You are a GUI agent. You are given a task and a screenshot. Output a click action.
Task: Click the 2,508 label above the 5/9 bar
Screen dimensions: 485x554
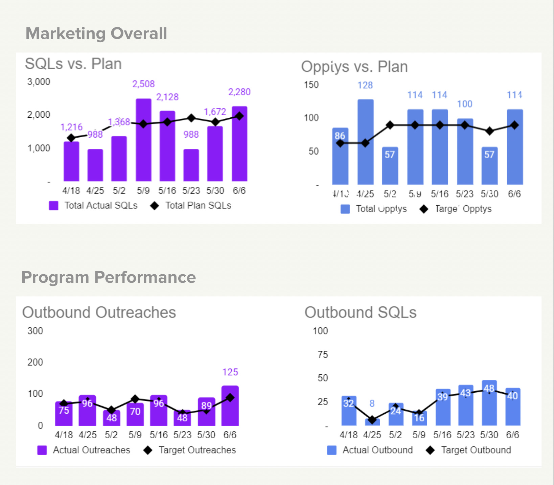click(143, 84)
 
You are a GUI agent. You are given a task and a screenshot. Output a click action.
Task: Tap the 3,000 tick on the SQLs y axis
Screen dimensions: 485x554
click(39, 82)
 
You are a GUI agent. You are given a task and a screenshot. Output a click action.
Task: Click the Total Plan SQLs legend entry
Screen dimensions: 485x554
click(191, 206)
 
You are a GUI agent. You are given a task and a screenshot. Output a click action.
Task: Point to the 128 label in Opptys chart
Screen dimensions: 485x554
click(365, 85)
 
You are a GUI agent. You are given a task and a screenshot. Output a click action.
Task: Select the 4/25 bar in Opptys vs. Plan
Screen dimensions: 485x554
click(365, 142)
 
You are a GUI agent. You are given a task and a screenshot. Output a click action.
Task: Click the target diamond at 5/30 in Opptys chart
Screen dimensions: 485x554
click(489, 131)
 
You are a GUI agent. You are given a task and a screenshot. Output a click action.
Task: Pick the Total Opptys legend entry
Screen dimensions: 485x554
click(374, 209)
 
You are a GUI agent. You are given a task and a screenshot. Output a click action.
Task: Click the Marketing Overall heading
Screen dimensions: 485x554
click(96, 33)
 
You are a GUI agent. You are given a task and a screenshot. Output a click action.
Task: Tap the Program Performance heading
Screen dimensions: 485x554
click(109, 277)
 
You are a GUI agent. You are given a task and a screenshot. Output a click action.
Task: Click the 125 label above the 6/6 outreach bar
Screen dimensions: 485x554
click(230, 372)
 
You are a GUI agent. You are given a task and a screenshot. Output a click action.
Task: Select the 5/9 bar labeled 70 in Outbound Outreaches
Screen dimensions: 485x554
click(135, 414)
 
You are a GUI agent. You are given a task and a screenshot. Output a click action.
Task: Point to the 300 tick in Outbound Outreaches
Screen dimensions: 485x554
click(35, 331)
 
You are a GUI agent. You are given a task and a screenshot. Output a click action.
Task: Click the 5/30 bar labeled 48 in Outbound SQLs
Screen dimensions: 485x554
click(489, 403)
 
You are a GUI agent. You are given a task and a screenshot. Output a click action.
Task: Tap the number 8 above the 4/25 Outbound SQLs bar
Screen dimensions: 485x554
click(372, 403)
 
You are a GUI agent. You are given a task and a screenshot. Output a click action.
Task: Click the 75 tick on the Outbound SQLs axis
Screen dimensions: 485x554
click(323, 355)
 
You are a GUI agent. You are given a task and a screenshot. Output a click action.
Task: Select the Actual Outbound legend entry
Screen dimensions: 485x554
click(370, 450)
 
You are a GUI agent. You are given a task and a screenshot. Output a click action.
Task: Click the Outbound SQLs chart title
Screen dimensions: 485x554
click(360, 313)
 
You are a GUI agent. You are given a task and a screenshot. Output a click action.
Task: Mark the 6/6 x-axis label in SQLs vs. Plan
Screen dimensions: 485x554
click(239, 191)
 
